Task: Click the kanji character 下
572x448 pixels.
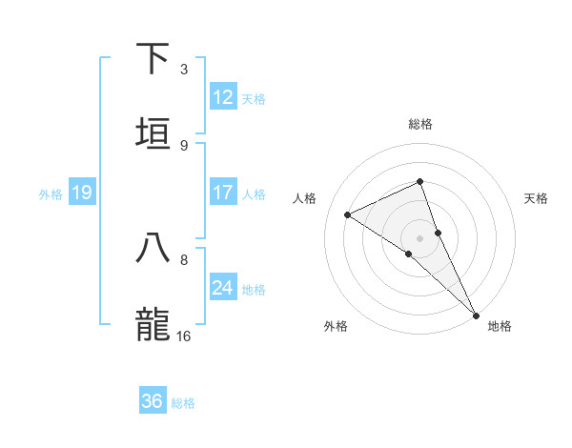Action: (x=153, y=58)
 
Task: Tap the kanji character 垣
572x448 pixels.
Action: (x=153, y=133)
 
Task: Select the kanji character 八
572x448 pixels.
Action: (x=153, y=248)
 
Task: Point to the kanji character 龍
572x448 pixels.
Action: (x=153, y=324)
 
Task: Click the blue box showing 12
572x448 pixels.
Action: (x=223, y=97)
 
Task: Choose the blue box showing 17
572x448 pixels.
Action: (x=223, y=193)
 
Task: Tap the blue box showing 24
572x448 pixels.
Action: (x=223, y=288)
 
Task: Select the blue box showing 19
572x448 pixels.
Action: (x=82, y=193)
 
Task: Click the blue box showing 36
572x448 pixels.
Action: (x=153, y=401)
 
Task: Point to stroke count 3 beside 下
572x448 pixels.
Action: (x=184, y=70)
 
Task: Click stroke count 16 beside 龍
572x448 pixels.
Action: (x=184, y=336)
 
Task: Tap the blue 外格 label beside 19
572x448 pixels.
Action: (x=51, y=193)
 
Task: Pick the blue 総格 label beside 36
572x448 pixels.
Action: (x=183, y=402)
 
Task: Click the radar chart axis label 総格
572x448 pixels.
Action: (x=420, y=124)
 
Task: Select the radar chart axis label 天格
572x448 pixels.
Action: (x=537, y=198)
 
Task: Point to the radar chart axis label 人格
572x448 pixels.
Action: (x=304, y=198)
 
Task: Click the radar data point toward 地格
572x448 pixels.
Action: (x=476, y=314)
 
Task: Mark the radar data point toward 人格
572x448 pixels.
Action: (x=348, y=214)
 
